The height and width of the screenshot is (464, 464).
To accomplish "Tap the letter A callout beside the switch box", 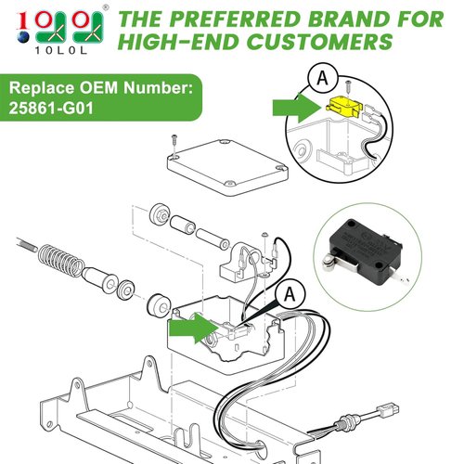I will (290, 294).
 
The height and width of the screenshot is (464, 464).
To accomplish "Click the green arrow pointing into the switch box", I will (188, 328).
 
